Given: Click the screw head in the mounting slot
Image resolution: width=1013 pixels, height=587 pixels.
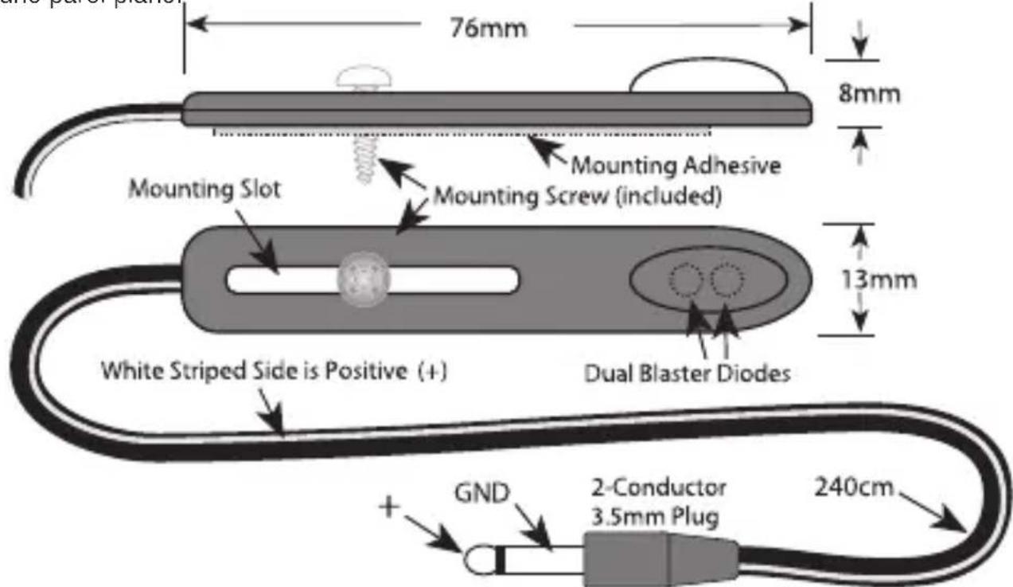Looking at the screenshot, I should pyautogui.click(x=364, y=280).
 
